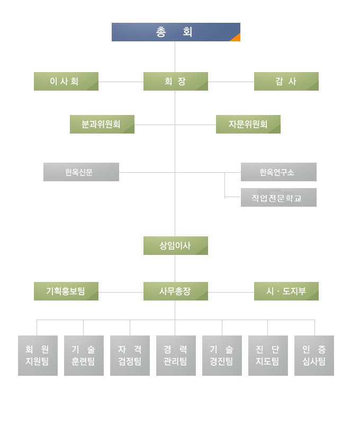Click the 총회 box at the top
coord(175,32)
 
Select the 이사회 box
coord(66,82)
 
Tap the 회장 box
coord(175,82)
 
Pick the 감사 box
coord(286,82)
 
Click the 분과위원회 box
coord(102,125)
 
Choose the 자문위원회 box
coord(248,125)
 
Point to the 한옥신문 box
coord(81,172)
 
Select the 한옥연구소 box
coord(278,172)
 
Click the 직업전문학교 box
coord(278,198)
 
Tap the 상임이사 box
coord(175,246)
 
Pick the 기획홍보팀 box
coord(66,291)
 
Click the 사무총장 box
coord(175,291)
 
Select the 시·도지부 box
coord(286,291)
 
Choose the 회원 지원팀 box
coord(38,356)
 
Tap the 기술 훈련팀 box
coord(84,356)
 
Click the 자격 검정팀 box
coord(130,356)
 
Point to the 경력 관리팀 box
coord(176,356)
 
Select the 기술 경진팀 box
coord(222,356)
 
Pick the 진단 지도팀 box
coord(268,356)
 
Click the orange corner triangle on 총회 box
coord(237,38)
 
